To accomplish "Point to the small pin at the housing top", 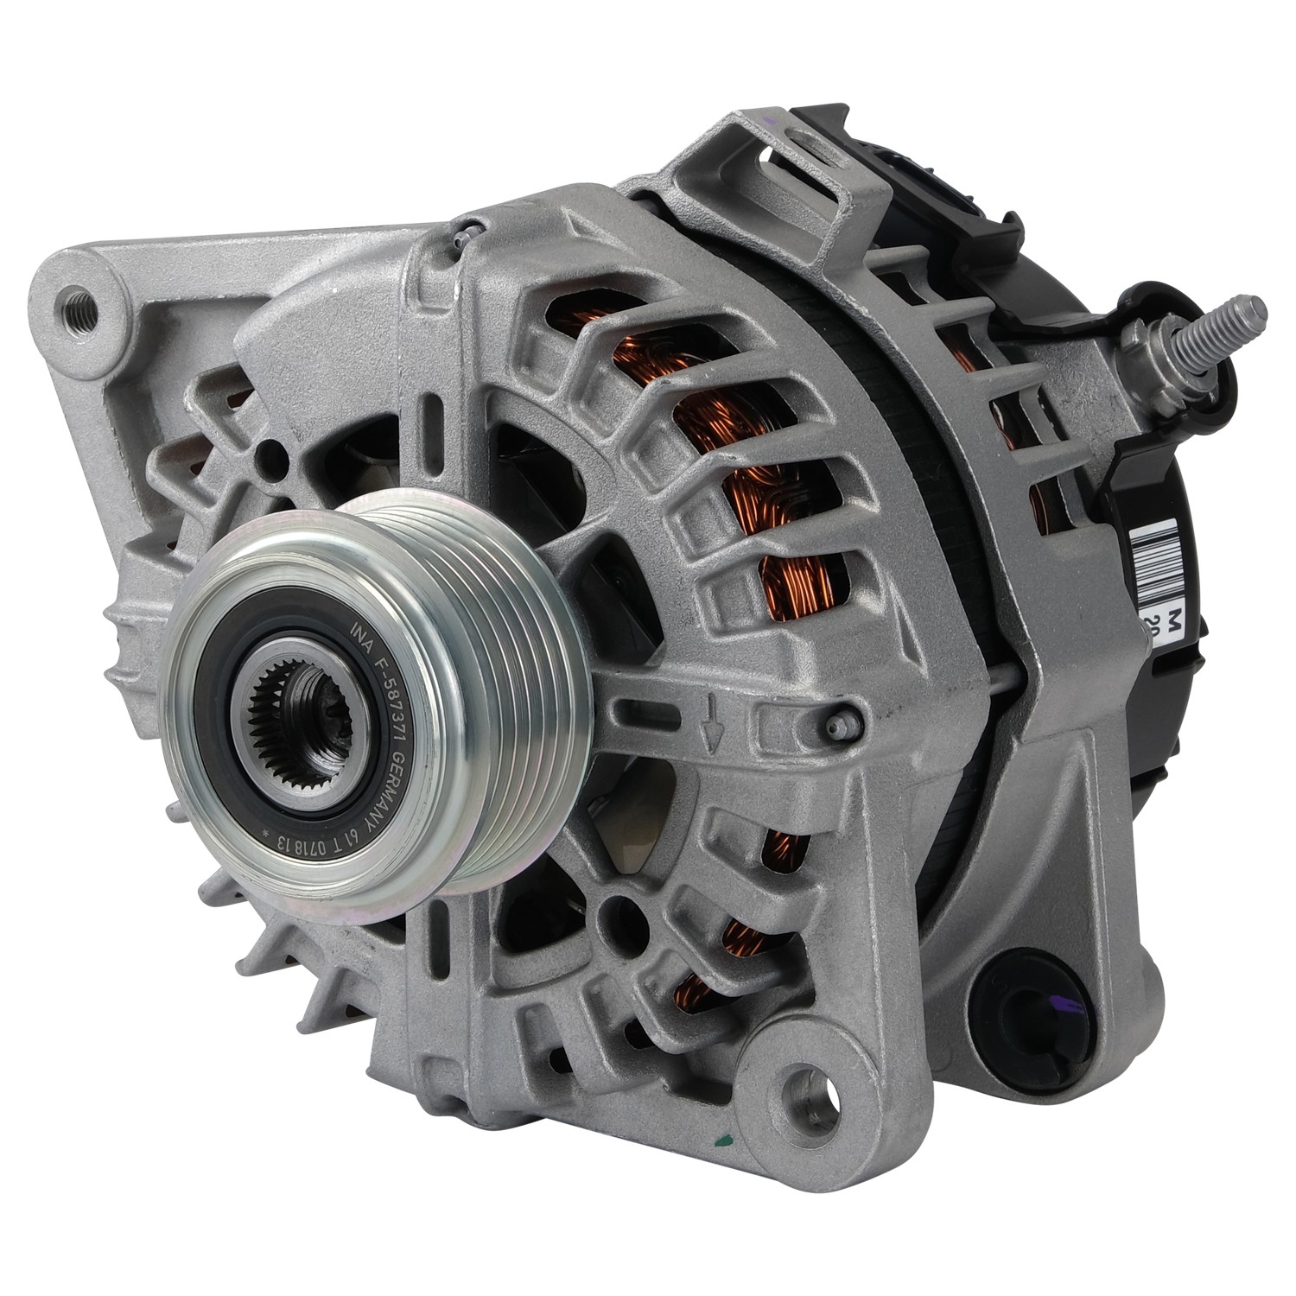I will (x=469, y=230).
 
